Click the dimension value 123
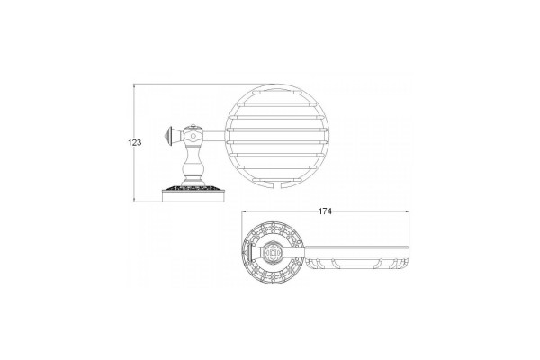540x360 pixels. coord(135,142)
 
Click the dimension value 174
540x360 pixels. coord(325,211)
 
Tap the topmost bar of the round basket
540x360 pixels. coord(274,93)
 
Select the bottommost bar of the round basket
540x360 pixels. coord(274,181)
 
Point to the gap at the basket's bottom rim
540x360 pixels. coord(276,186)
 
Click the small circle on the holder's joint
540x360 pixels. coord(193,137)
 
